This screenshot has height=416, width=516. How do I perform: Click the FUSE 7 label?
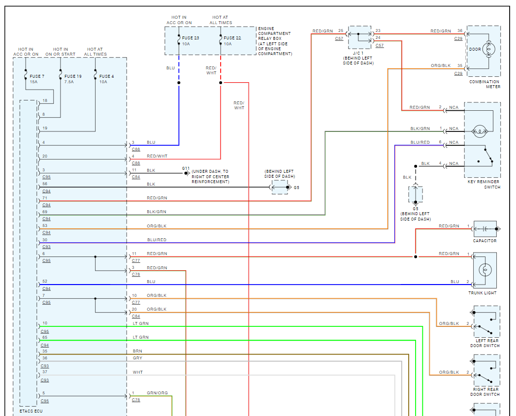coord(37,76)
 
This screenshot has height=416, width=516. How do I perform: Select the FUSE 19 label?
coord(73,76)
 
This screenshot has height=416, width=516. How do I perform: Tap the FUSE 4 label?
coord(106,76)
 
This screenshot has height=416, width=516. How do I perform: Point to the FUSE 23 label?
coord(191,38)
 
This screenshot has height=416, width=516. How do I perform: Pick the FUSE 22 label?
coord(232,38)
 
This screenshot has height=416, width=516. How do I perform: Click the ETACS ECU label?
coord(31,411)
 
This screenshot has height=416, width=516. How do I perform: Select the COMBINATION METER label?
coord(484,84)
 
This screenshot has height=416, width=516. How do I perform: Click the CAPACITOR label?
coord(484,241)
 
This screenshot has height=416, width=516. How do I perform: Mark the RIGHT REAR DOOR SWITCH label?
coord(485,392)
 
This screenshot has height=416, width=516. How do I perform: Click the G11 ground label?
coord(185,168)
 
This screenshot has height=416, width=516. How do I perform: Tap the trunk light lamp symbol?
coord(485,270)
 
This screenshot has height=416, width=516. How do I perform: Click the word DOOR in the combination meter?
coord(475,49)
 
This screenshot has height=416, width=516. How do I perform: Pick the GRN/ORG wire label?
coord(157,393)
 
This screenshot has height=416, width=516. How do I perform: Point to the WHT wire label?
coord(138,372)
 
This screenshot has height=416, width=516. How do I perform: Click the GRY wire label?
coord(137,358)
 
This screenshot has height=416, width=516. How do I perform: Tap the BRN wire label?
coord(137,351)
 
